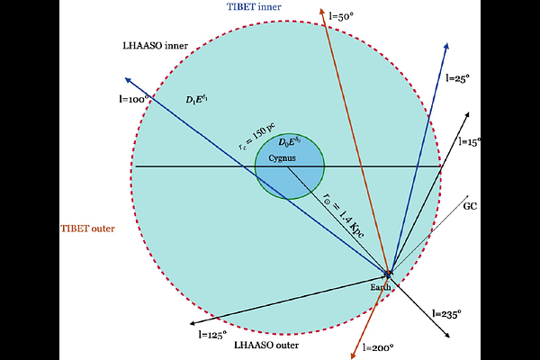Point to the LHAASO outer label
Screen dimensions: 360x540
click(x=265, y=345)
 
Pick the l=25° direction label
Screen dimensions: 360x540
click(x=458, y=79)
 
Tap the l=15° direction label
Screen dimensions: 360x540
click(x=471, y=142)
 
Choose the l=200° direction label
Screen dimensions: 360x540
click(x=378, y=346)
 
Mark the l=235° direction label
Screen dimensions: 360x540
click(x=446, y=314)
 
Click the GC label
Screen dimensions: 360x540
click(x=470, y=206)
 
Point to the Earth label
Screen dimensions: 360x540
click(x=382, y=286)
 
